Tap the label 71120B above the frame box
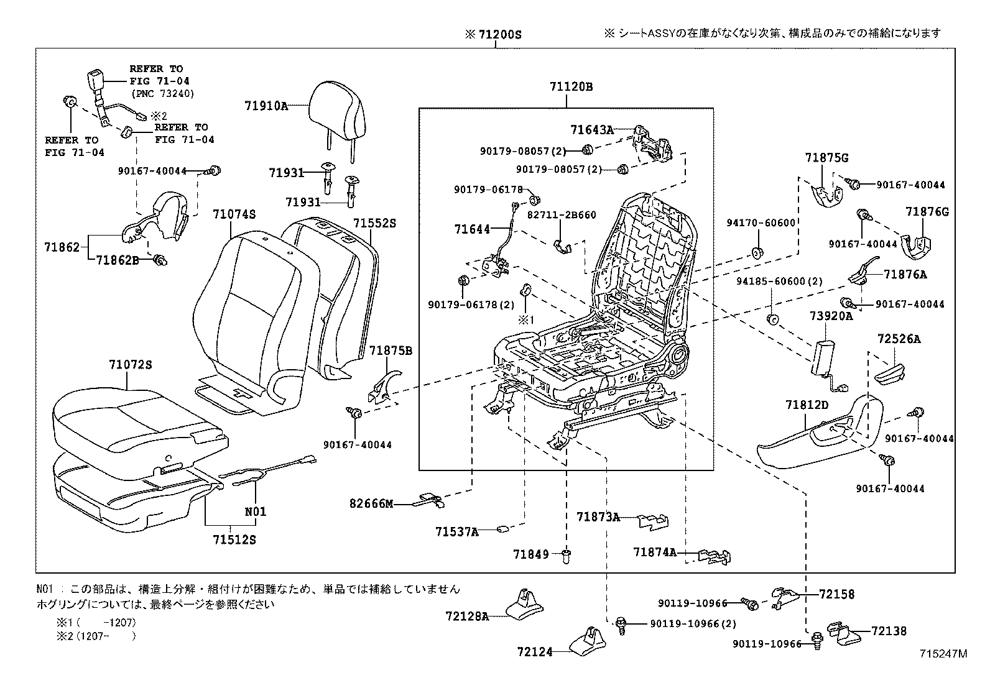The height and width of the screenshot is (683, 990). coord(570,87)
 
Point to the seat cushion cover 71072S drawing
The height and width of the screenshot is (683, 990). coord(137,423)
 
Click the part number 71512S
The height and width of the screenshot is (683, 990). coord(231,539)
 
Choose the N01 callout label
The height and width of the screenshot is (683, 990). coord(255,511)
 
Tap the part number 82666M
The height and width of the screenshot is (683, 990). coord(371,503)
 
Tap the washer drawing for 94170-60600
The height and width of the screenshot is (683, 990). coord(758,252)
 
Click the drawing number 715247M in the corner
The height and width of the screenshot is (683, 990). coord(945,654)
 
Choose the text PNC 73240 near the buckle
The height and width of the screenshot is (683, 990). coord(162,94)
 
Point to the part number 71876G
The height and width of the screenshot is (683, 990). coord(927,212)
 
